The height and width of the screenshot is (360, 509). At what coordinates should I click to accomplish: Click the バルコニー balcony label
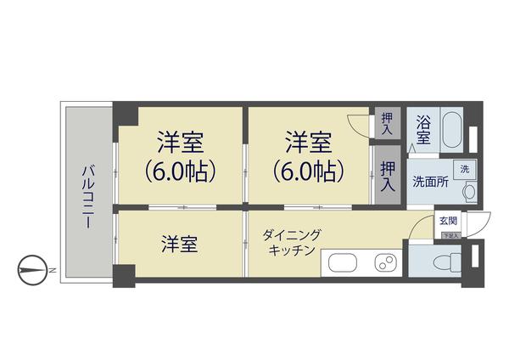(87, 194)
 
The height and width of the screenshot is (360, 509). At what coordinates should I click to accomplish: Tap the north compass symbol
(31, 271)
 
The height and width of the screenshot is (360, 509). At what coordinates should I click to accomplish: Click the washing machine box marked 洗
(464, 169)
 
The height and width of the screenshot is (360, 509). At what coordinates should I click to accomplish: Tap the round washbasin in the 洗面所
(467, 193)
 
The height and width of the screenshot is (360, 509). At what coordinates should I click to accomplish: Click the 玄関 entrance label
(447, 220)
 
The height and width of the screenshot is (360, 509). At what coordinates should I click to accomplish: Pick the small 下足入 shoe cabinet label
(449, 234)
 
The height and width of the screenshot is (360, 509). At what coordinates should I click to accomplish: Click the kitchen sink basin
(344, 262)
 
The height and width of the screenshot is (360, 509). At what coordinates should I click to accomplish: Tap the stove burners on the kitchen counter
(387, 262)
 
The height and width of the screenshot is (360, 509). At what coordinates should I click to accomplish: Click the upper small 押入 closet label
(387, 124)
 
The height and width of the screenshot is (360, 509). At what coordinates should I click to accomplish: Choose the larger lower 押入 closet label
(387, 175)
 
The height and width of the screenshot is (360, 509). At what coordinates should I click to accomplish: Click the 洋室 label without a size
(180, 245)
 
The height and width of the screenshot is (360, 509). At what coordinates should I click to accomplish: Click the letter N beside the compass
(52, 271)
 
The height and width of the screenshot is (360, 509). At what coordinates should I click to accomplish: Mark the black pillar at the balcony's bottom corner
(124, 274)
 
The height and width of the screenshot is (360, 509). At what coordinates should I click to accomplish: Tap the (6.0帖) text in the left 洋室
(180, 170)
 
